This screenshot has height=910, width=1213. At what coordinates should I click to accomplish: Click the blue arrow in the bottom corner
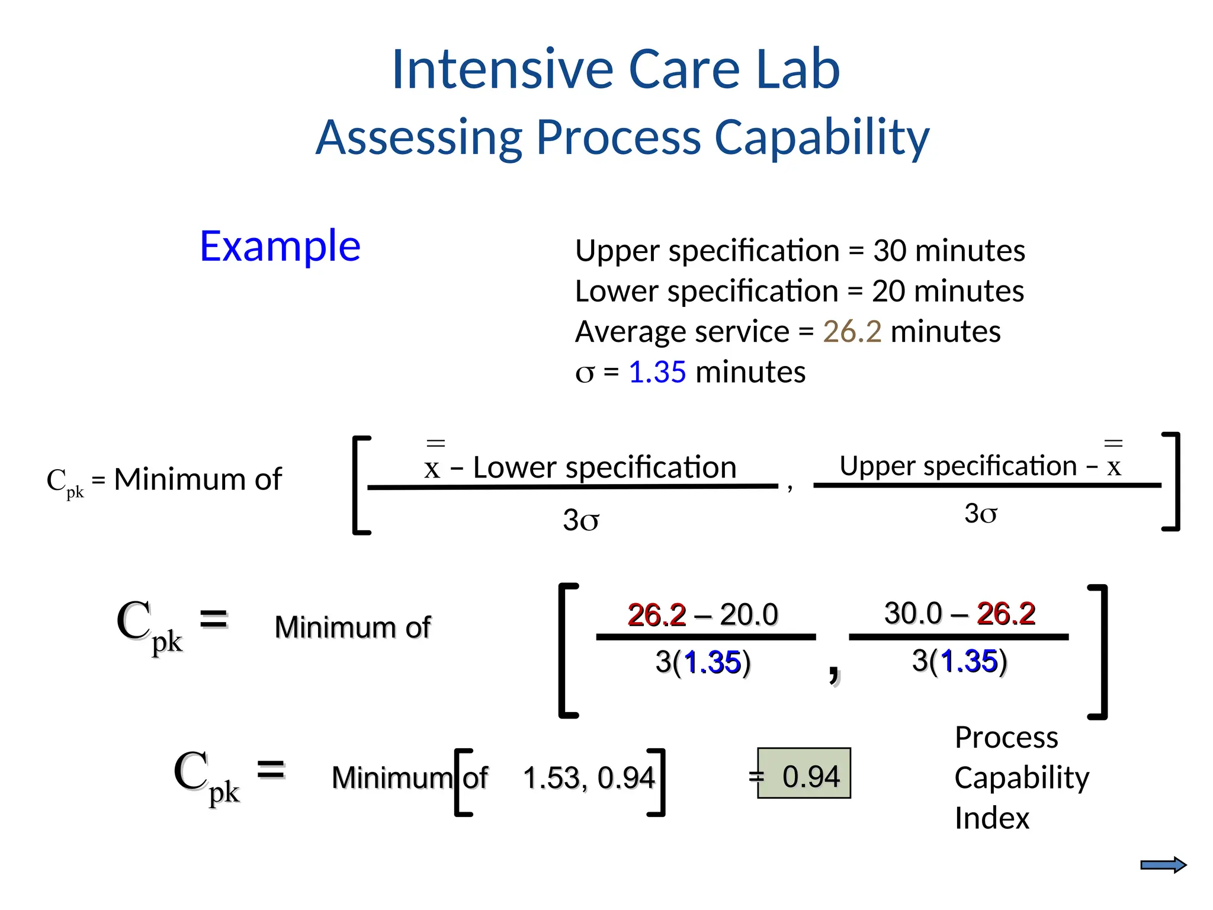coord(1163,866)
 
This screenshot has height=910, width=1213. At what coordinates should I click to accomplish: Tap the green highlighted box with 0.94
coord(804,773)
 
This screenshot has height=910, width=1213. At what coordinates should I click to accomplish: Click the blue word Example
coord(280,246)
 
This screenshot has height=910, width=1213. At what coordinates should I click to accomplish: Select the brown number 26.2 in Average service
coord(852,332)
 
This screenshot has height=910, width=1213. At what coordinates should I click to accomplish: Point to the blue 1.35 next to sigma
coord(657,373)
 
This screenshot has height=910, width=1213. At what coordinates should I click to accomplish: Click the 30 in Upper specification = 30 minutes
coord(889,251)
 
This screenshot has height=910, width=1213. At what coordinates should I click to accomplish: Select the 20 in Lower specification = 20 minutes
coord(888,291)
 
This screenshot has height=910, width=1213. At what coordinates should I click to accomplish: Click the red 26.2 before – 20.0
coord(656,615)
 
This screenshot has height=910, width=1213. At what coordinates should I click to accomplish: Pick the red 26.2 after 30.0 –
coord(1006,613)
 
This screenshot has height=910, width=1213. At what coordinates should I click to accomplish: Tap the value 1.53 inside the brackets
coord(551,778)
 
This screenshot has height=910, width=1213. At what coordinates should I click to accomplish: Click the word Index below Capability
coord(992,818)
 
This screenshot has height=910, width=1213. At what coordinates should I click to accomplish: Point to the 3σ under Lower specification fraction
coord(580,521)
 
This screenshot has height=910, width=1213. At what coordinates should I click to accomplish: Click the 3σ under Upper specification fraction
coord(980,514)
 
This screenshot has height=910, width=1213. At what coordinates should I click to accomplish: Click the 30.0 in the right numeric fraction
coord(913,613)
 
